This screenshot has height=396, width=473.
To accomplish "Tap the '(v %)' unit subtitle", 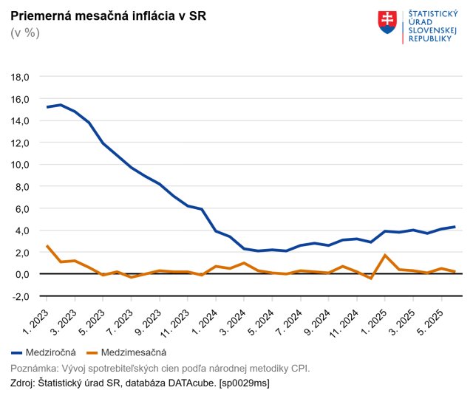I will (x=25, y=33).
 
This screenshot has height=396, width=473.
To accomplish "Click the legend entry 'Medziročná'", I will (x=44, y=352).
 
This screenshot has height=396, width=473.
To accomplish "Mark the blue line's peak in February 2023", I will (x=61, y=105).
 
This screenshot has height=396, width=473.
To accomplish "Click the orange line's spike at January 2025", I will (x=385, y=255).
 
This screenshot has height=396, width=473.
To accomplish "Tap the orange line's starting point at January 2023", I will (x=47, y=246).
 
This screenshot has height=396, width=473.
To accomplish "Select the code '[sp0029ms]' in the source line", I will (x=245, y=383).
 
